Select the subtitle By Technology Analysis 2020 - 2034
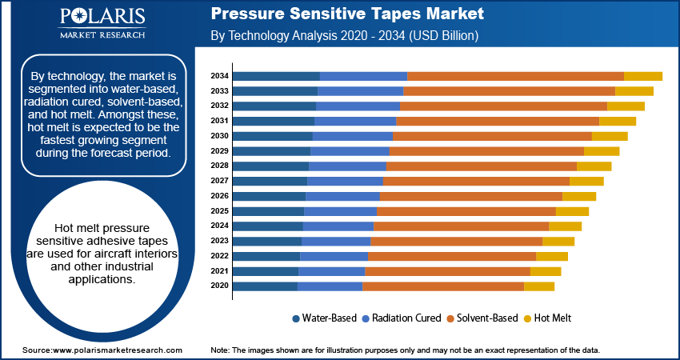click(344, 36)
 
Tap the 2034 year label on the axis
click(219, 76)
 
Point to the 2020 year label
click(219, 286)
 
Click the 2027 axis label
click(219, 181)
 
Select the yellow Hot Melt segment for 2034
click(642, 76)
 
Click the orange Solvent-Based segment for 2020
click(442, 286)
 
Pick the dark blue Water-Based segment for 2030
click(272, 136)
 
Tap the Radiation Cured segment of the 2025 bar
click(340, 211)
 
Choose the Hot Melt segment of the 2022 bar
click(551, 256)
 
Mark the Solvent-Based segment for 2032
click(503, 106)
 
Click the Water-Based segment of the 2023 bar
click(266, 241)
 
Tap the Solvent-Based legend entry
click(482, 318)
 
